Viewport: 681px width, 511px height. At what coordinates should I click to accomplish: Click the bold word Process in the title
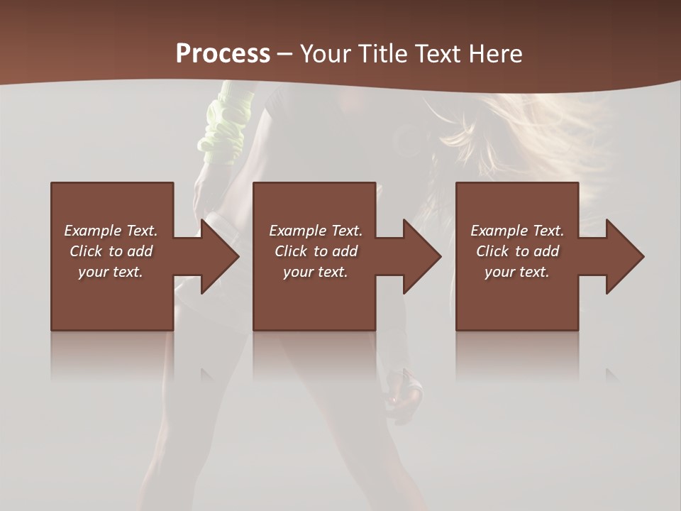(x=223, y=53)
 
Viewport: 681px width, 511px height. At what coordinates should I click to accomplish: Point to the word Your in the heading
(x=323, y=54)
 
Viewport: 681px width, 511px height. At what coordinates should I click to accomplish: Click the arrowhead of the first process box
(x=218, y=256)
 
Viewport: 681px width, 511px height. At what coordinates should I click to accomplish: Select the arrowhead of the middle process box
(x=421, y=256)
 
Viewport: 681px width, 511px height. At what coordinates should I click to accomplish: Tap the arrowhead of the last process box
(x=624, y=256)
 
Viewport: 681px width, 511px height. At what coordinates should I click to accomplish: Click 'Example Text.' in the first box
(x=111, y=231)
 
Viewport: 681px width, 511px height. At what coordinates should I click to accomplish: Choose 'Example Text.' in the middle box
(x=316, y=231)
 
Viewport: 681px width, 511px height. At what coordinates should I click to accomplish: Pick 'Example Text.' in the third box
(x=517, y=231)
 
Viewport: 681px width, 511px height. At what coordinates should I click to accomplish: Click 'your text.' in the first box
(x=111, y=272)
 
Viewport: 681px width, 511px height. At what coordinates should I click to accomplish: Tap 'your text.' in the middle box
(x=316, y=272)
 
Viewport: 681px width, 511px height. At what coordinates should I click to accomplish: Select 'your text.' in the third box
(x=517, y=272)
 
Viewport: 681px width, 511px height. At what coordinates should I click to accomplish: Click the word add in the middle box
(x=345, y=251)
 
